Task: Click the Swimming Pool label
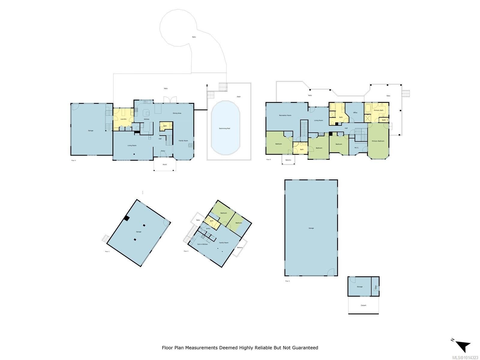coord(224,128)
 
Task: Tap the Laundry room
coord(123,119)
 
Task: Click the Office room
coord(355,113)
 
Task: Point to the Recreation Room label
coord(285,115)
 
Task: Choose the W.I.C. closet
coord(357,147)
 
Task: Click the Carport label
coord(363,305)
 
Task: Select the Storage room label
coord(359,287)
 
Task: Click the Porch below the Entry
coord(165,164)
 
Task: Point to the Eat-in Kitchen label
coord(202,244)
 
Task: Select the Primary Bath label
coord(379,110)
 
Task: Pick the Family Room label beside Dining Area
coord(183,140)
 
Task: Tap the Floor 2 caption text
coord(287,281)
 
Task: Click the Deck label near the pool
coord(239,97)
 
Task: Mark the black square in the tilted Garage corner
coord(127,218)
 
